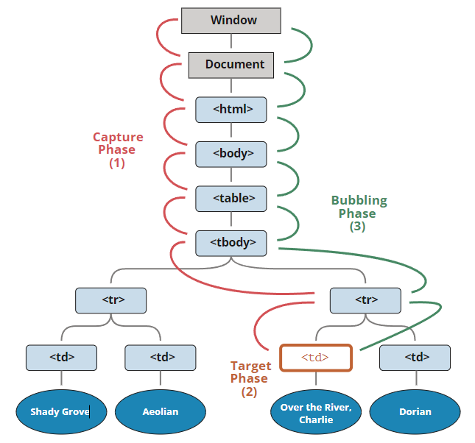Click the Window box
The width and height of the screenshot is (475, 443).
click(231, 21)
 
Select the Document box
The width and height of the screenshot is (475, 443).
click(231, 65)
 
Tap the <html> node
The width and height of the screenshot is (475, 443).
click(231, 110)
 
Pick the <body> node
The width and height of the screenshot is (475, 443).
click(231, 154)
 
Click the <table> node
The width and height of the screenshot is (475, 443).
click(231, 198)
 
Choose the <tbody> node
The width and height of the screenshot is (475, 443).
click(231, 242)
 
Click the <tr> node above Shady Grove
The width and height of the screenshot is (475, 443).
click(110, 300)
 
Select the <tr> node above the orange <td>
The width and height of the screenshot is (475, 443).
click(365, 300)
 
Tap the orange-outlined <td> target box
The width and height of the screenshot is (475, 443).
click(315, 358)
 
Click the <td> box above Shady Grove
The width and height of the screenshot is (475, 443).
click(61, 358)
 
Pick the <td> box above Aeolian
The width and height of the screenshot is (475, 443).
click(161, 358)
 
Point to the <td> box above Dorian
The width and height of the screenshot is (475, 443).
click(415, 358)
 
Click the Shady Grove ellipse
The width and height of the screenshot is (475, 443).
click(61, 411)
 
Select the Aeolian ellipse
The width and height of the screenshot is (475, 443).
click(161, 411)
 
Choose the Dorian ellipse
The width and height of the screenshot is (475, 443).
click(415, 411)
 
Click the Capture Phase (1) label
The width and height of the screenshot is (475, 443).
click(118, 150)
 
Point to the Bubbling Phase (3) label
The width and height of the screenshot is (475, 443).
click(358, 213)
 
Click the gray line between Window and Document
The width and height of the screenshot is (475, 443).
click(231, 43)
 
